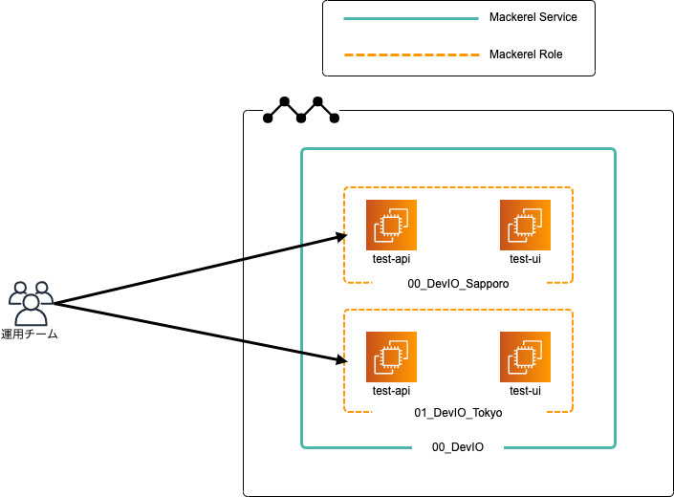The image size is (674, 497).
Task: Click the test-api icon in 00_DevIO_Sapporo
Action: pos(391,225)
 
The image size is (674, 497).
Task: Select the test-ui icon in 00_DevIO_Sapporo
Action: pos(525,225)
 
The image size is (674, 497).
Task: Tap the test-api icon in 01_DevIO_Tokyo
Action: pos(391,357)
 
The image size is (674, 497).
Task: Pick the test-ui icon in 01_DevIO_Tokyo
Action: pos(525,357)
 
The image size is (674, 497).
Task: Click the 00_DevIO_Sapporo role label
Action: pos(458,285)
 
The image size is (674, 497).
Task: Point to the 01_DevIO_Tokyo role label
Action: pos(458,413)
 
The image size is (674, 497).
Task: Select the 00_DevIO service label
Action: pos(458,447)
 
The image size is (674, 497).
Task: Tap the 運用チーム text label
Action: pos(31,335)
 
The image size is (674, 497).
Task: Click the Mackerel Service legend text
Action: pos(533,17)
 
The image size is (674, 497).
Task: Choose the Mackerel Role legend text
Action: pos(525,54)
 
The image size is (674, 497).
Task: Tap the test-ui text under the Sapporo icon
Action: pos(525,259)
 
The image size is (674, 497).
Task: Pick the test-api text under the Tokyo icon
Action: pos(391,391)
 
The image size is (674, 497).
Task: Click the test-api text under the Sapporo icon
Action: pos(391,259)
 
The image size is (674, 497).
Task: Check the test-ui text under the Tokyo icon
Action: pos(525,391)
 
